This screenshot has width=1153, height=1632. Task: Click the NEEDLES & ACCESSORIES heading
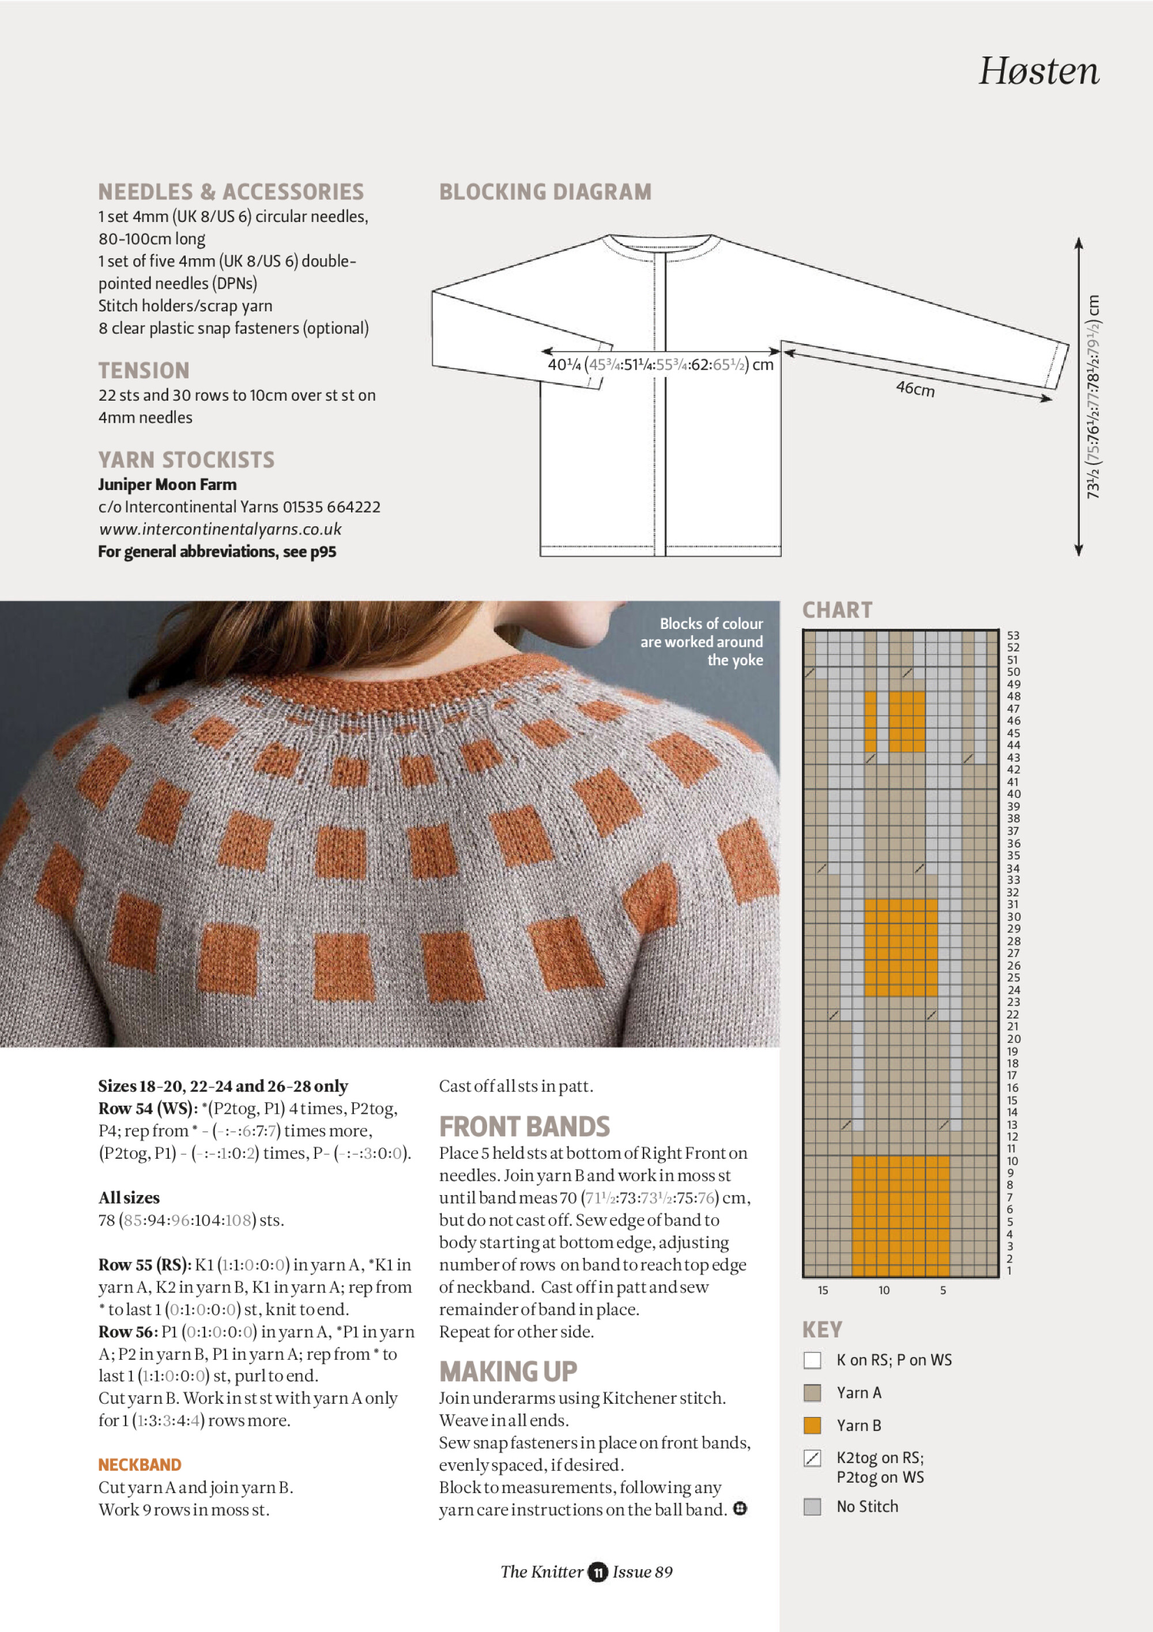tap(231, 192)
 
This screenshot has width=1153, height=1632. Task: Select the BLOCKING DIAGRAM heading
tap(545, 192)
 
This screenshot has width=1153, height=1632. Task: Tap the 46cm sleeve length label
tap(915, 388)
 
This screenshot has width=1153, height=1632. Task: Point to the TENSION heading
tap(144, 370)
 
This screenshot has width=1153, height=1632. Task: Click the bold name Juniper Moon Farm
tap(167, 485)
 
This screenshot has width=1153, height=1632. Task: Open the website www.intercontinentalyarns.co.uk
tap(220, 530)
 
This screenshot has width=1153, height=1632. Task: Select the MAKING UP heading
tap(508, 1371)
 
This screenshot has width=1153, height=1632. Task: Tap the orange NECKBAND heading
tap(140, 1465)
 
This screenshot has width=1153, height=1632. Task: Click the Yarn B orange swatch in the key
tap(812, 1425)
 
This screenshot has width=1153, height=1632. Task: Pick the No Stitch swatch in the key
tap(812, 1507)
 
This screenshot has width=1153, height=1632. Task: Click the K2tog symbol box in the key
tap(812, 1458)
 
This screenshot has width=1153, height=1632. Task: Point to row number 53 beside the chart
tap(1013, 635)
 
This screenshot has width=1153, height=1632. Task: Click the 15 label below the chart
tap(823, 1290)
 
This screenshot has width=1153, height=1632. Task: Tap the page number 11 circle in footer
tap(598, 1572)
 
